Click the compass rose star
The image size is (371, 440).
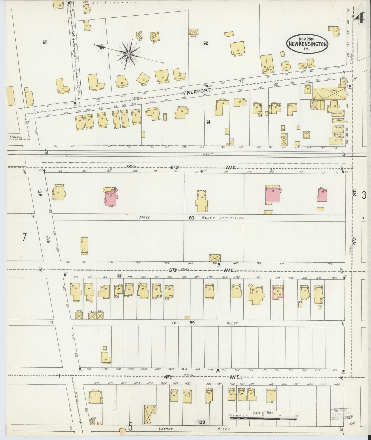coord(128,54)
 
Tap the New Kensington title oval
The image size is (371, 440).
coord(307,44)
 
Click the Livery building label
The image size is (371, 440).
coord(334,91)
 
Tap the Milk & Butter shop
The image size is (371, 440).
coord(337,135)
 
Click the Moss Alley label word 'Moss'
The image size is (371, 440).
coord(145,217)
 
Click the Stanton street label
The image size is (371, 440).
coord(16,137)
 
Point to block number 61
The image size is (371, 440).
coord(208,122)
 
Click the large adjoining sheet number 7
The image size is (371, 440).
coord(24,237)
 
